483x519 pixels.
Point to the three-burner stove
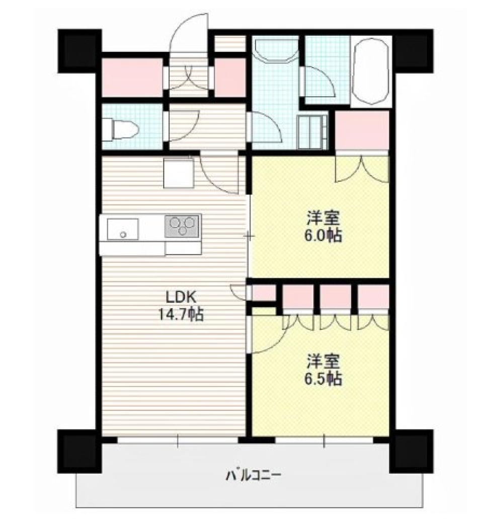[x=182, y=226]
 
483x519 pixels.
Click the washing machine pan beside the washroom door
[x=311, y=132]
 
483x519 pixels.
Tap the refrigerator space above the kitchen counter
[x=179, y=173]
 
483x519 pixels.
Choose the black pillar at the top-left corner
[x=79, y=50]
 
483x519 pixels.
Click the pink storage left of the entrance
[x=132, y=76]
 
